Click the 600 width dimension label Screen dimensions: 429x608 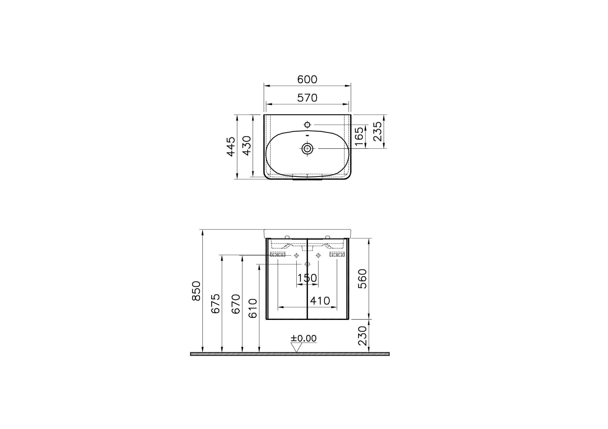click(307, 79)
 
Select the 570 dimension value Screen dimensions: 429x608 click(307, 98)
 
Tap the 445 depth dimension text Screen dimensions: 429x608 click(231, 147)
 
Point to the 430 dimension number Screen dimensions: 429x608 click(247, 146)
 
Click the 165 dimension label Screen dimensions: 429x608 click(359, 136)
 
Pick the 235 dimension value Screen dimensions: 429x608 click(378, 132)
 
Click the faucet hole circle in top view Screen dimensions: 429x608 click(307, 124)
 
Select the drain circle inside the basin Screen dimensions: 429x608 click(307, 149)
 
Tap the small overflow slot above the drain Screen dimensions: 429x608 click(307, 135)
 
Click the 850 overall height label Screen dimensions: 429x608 click(196, 291)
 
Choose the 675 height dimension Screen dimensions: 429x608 click(216, 303)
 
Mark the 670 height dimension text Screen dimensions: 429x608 click(236, 304)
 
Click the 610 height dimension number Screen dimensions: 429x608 click(253, 308)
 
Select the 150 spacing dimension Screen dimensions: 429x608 click(307, 278)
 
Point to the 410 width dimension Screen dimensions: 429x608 click(320, 301)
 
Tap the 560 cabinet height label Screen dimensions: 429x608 click(362, 279)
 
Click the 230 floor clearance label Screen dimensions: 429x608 click(362, 336)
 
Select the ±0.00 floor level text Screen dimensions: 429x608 click(303, 339)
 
